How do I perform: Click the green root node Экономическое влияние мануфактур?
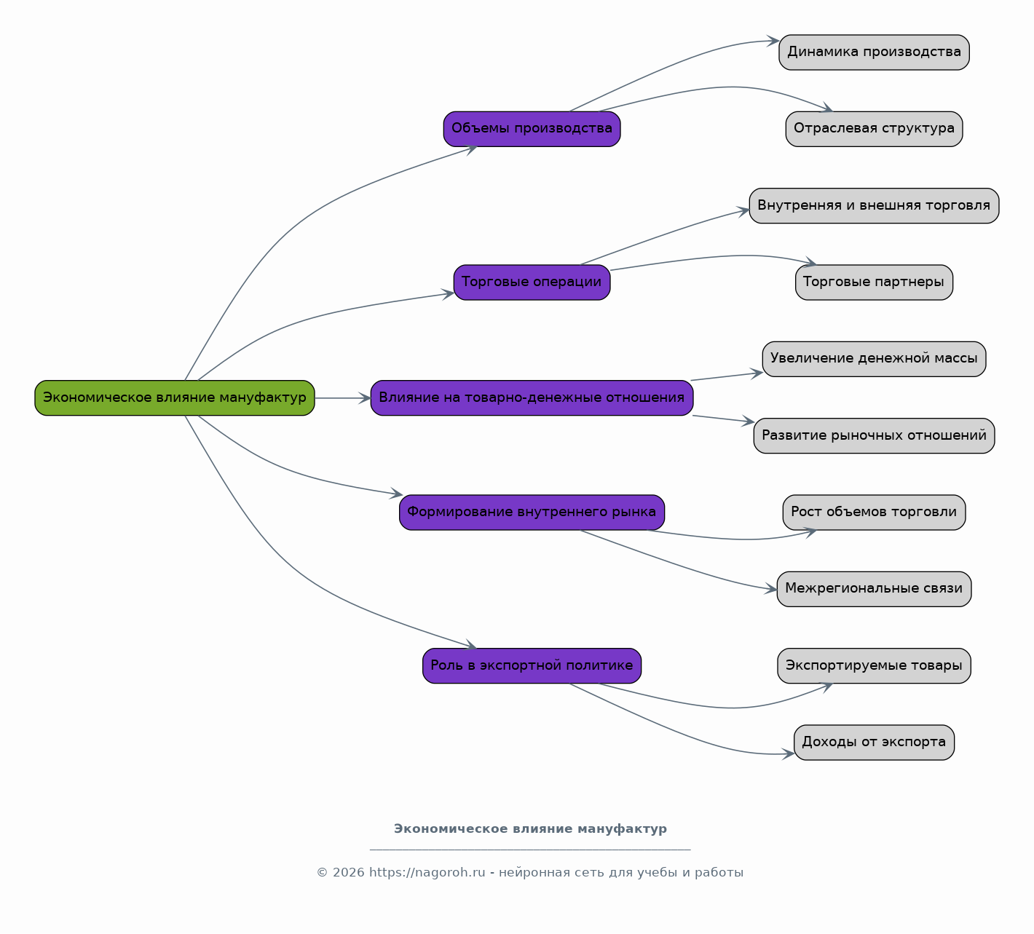[175, 398]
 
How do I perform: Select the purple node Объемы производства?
[532, 129]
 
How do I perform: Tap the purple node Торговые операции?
[532, 282]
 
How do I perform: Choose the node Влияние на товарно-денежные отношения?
[532, 398]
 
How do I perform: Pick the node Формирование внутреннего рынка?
[532, 512]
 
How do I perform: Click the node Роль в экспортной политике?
[532, 666]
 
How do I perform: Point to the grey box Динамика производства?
[875, 52]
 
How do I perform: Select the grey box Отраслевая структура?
[875, 129]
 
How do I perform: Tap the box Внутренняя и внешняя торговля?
[875, 206]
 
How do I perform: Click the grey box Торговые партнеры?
[875, 282]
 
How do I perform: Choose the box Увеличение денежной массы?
[875, 359]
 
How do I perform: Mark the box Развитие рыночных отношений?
[875, 435]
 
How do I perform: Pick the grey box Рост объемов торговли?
[875, 512]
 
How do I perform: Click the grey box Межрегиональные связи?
[875, 589]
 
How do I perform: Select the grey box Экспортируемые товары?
[875, 666]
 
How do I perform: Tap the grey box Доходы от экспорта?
[875, 743]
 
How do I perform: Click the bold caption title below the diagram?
[530, 829]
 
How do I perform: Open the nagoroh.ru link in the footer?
[427, 873]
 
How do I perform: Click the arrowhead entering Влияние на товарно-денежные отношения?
[365, 398]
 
